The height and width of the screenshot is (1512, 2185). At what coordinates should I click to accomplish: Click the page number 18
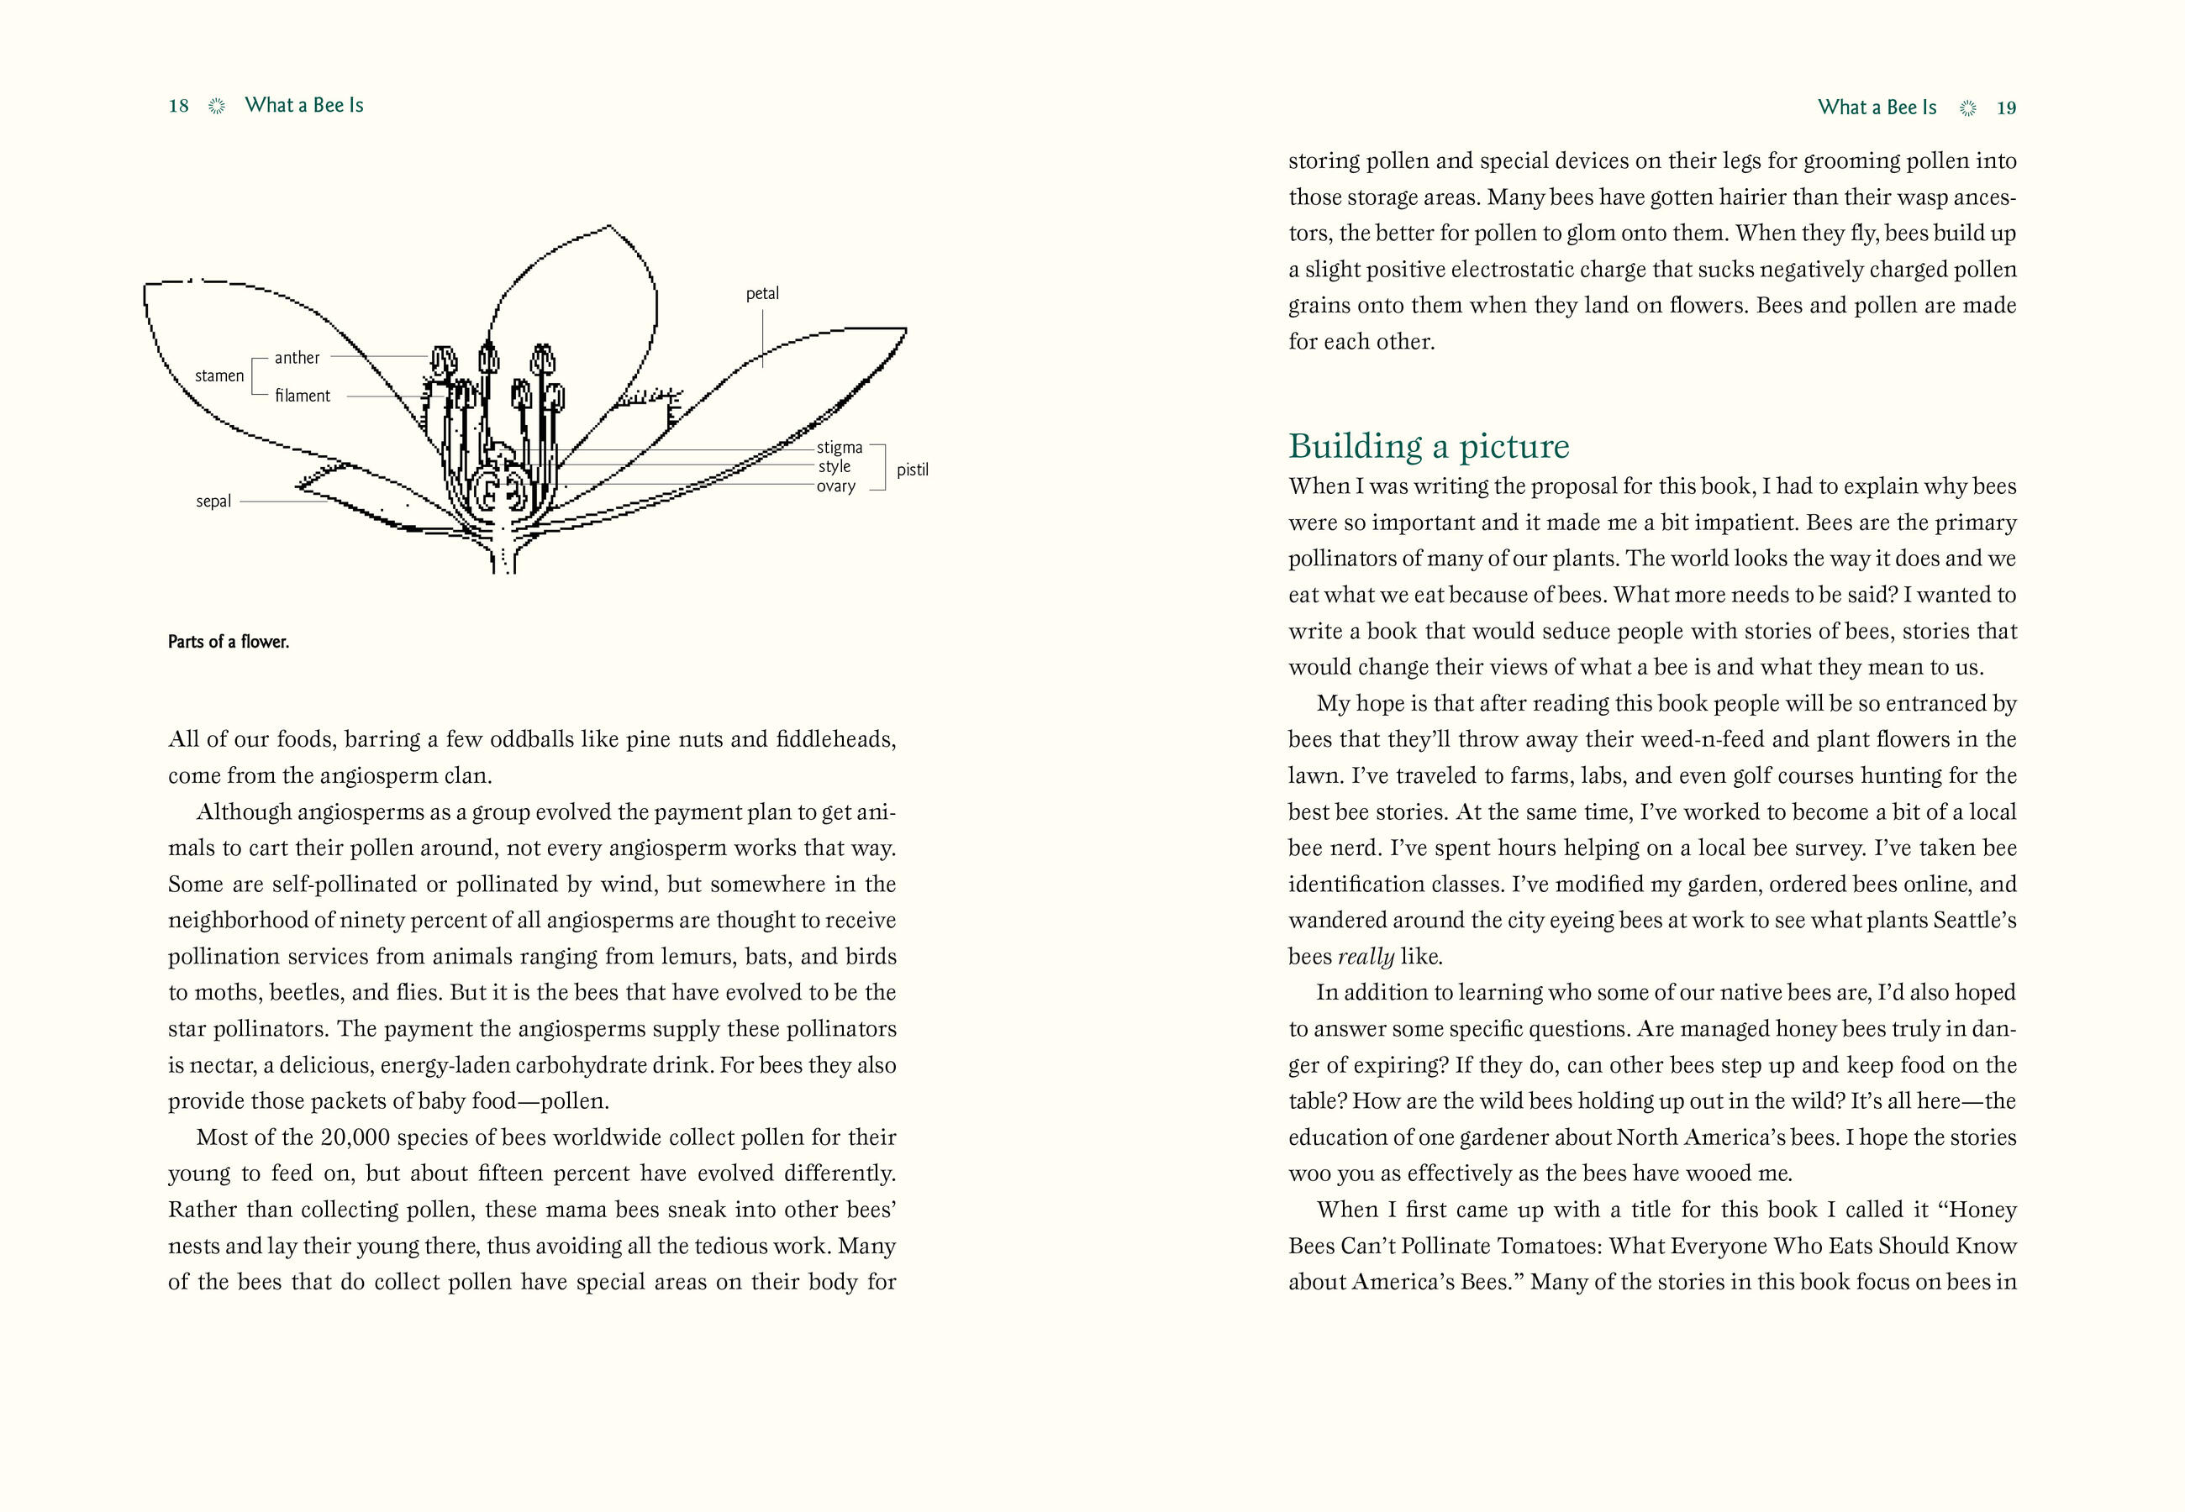click(178, 106)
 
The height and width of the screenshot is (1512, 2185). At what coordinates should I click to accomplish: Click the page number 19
click(2006, 108)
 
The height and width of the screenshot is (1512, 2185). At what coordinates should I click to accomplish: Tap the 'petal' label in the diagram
click(762, 294)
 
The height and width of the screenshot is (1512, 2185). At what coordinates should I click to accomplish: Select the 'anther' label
click(297, 358)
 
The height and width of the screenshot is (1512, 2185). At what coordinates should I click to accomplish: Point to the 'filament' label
click(303, 396)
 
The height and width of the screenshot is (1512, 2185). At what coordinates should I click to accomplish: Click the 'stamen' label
click(218, 376)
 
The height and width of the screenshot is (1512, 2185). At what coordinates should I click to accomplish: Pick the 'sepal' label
click(213, 501)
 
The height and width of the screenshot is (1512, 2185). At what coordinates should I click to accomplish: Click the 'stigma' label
click(840, 447)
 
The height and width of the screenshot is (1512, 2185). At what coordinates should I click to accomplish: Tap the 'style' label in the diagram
click(835, 466)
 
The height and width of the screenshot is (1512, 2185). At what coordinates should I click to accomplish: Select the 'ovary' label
click(835, 486)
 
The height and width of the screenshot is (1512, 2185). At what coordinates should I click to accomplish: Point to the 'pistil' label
click(913, 470)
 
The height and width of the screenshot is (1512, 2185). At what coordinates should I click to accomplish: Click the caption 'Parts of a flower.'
click(229, 642)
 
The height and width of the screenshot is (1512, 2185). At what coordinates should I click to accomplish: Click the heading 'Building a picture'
click(1429, 446)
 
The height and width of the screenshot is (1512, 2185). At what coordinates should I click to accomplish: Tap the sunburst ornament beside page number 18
click(217, 106)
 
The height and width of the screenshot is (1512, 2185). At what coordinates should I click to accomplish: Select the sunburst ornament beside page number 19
click(1967, 108)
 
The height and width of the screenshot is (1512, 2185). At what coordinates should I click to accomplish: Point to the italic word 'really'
click(1366, 957)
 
